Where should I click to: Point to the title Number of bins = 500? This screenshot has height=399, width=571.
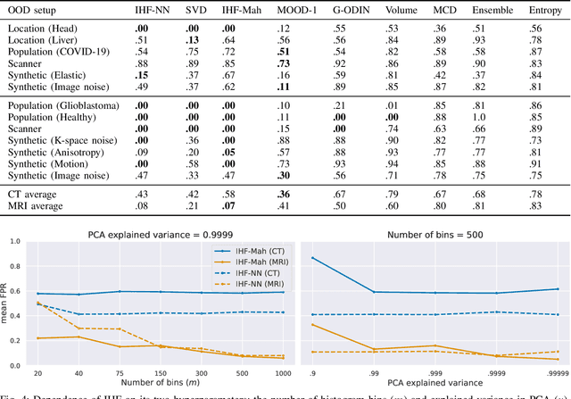point(434,236)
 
